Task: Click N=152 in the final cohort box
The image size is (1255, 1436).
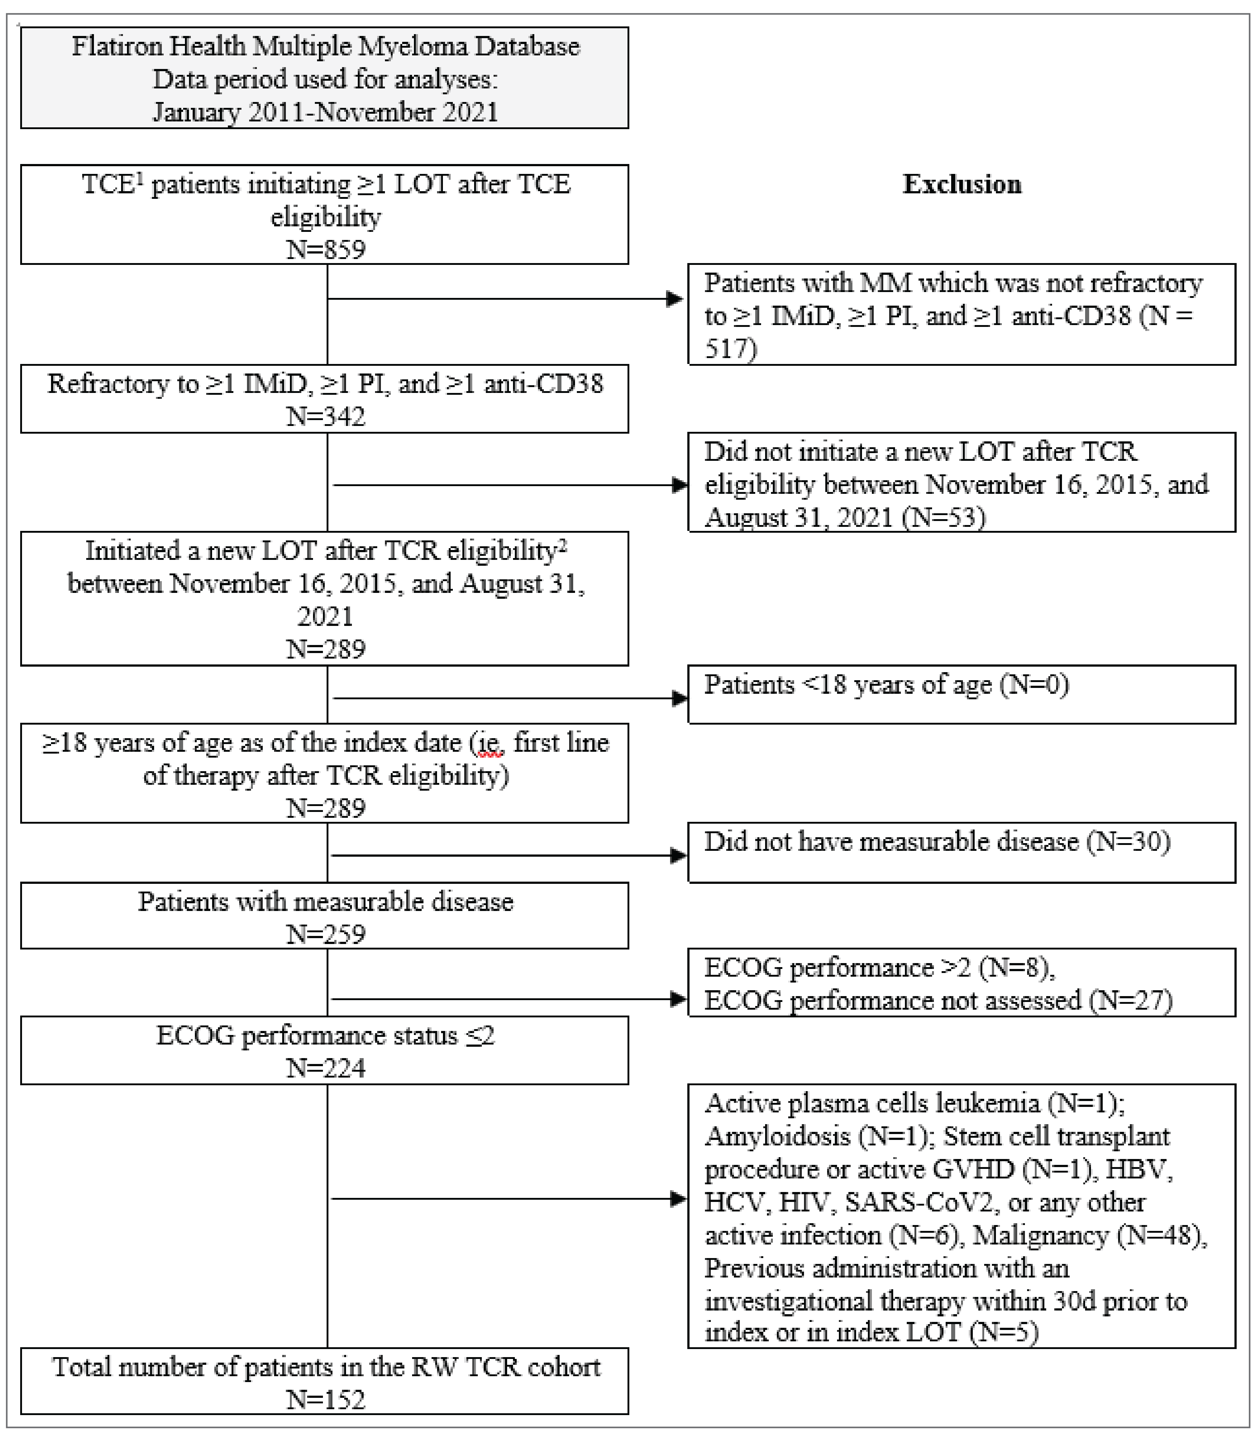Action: click(x=325, y=1400)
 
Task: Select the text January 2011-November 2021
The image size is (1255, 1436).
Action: click(x=325, y=112)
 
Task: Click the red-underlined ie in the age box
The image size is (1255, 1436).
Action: click(x=488, y=743)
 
